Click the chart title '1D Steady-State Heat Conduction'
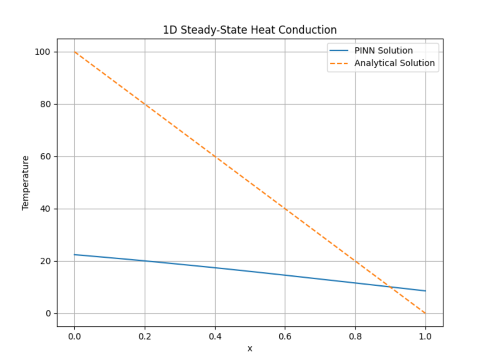point(250,30)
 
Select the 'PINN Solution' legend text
point(383,51)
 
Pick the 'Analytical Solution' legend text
point(395,63)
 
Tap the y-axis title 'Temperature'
point(26,183)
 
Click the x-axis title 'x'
point(250,349)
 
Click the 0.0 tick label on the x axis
point(74,336)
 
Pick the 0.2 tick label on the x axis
point(145,336)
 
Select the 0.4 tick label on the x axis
point(215,336)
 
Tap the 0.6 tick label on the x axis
point(285,336)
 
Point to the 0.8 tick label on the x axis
point(355,336)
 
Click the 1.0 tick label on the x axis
point(425,336)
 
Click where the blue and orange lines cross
point(390,287)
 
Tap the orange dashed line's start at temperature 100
point(75,52)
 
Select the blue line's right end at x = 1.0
point(425,291)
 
